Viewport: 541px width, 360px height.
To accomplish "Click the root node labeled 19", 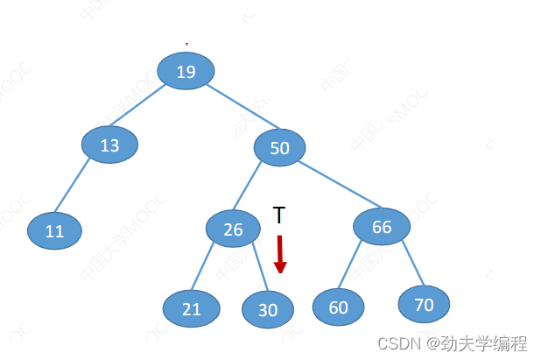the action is [186, 71].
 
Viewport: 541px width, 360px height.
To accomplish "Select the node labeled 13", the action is [109, 145].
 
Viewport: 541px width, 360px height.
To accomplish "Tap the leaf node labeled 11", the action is [54, 231].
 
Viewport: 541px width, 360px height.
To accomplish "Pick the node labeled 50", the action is [279, 148].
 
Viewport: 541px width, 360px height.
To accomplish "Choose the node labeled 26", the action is [233, 229].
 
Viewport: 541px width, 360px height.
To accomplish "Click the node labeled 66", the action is [382, 227].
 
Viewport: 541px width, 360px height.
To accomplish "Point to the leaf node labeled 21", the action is [191, 308].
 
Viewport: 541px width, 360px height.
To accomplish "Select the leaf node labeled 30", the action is [268, 309].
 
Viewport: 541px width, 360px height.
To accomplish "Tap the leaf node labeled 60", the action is [338, 307].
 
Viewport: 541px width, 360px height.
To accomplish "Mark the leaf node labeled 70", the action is [424, 304].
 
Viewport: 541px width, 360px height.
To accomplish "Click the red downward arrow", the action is [280, 254].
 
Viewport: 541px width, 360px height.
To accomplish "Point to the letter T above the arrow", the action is [278, 215].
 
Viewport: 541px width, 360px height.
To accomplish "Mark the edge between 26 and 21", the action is [211, 268].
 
